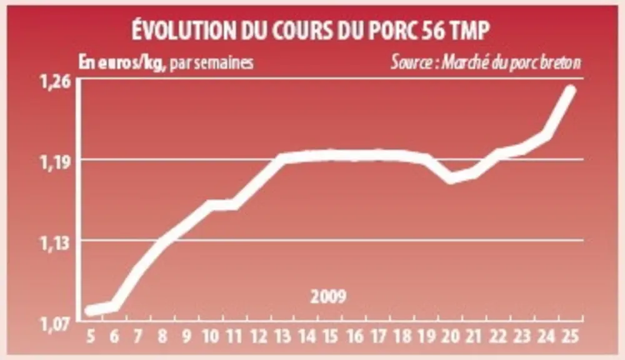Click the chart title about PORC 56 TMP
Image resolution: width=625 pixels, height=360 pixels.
click(x=311, y=30)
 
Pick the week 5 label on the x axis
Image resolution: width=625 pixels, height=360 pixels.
click(x=91, y=337)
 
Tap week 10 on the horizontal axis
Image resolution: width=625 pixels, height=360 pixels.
click(x=211, y=337)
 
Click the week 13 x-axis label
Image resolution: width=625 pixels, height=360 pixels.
click(x=282, y=337)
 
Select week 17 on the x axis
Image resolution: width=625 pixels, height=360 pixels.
click(x=378, y=337)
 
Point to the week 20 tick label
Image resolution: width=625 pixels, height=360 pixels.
click(x=451, y=337)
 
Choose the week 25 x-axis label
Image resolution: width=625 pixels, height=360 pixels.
click(x=570, y=337)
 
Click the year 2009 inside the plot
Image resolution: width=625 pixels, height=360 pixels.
click(x=329, y=297)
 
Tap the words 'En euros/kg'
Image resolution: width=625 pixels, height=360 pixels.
click(x=122, y=63)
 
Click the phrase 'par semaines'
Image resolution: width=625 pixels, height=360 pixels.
click(x=212, y=63)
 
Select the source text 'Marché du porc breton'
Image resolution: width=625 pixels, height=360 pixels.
click(x=511, y=62)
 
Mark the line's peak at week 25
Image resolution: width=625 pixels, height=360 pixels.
click(x=571, y=90)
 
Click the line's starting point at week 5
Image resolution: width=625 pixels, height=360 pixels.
click(x=91, y=310)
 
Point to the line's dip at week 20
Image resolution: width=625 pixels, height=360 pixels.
click(x=451, y=177)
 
